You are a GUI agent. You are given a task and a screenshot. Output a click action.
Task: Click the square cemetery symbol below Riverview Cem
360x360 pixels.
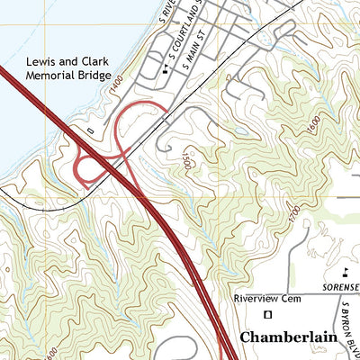266,314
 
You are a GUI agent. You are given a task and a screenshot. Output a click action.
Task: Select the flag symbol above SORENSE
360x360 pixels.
346,272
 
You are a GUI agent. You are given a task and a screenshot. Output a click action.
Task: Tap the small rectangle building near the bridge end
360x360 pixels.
92,130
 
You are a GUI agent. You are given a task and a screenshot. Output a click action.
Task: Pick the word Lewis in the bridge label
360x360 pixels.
40,61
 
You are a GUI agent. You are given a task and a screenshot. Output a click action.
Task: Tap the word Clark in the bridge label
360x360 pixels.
94,61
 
